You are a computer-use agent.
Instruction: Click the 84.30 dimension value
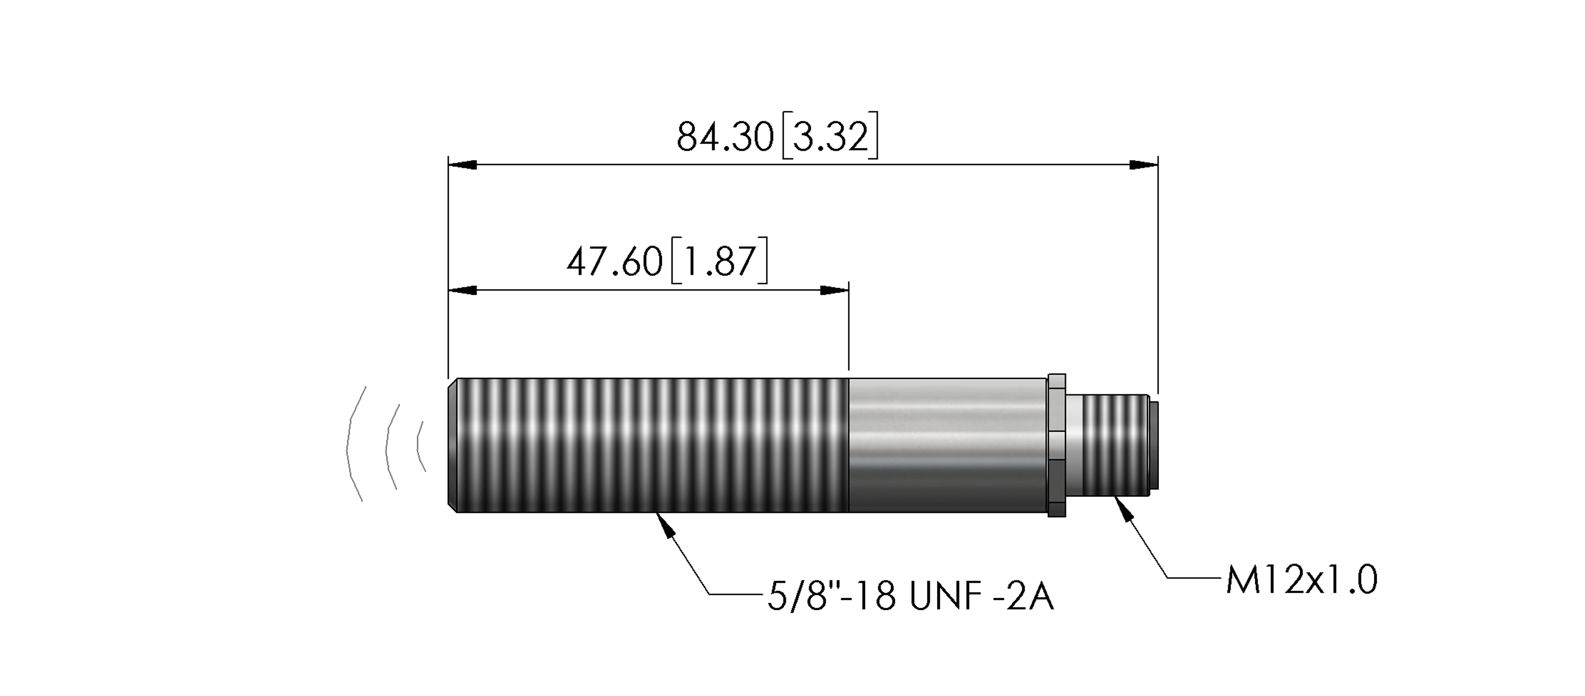coord(725,137)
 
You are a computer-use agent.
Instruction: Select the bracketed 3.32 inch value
coord(830,137)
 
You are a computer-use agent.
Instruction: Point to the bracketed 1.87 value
coord(719,261)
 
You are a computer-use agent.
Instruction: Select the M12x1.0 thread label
coord(1302,580)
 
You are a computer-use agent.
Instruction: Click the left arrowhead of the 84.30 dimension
coord(463,165)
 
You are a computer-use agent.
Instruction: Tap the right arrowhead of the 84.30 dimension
coord(1144,165)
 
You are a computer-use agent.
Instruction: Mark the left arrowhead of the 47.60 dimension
coord(463,290)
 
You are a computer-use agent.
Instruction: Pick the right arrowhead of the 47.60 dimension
coord(835,290)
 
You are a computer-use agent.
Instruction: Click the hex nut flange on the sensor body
coord(1056,445)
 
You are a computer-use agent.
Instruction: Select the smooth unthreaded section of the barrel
coord(947,445)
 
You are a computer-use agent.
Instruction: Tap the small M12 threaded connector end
coord(1115,445)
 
